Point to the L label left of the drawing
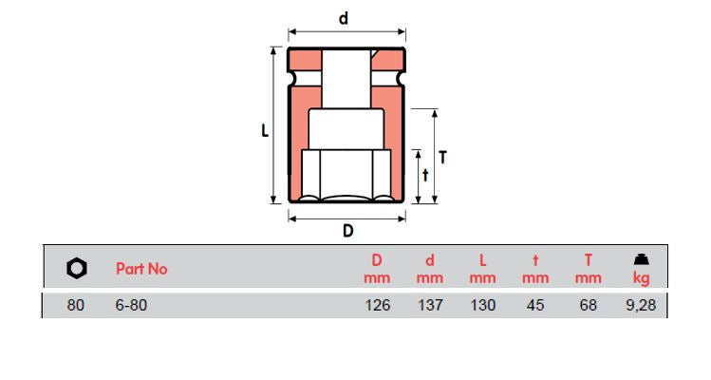tap(266, 132)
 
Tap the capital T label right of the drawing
tap(442, 158)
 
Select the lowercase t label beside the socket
tap(425, 175)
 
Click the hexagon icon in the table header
tap(77, 269)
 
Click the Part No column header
tap(141, 269)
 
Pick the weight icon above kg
tap(641, 258)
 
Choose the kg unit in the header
tap(641, 278)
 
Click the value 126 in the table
tap(377, 306)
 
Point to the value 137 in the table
tap(429, 306)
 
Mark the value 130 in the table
tap(482, 306)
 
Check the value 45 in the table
tap(535, 306)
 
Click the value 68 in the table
tap(589, 306)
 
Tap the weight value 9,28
tap(641, 306)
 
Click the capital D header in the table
tap(377, 259)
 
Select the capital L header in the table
tap(482, 259)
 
